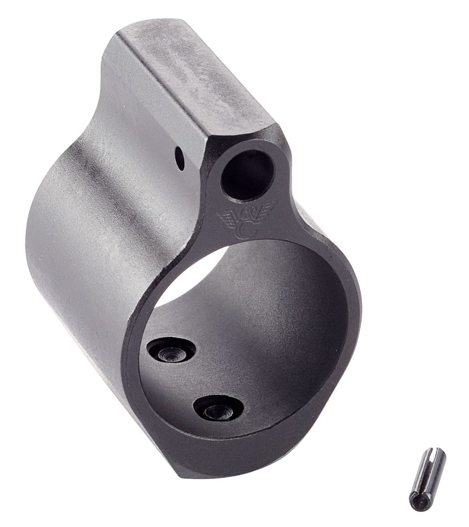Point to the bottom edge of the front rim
click(225, 467)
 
